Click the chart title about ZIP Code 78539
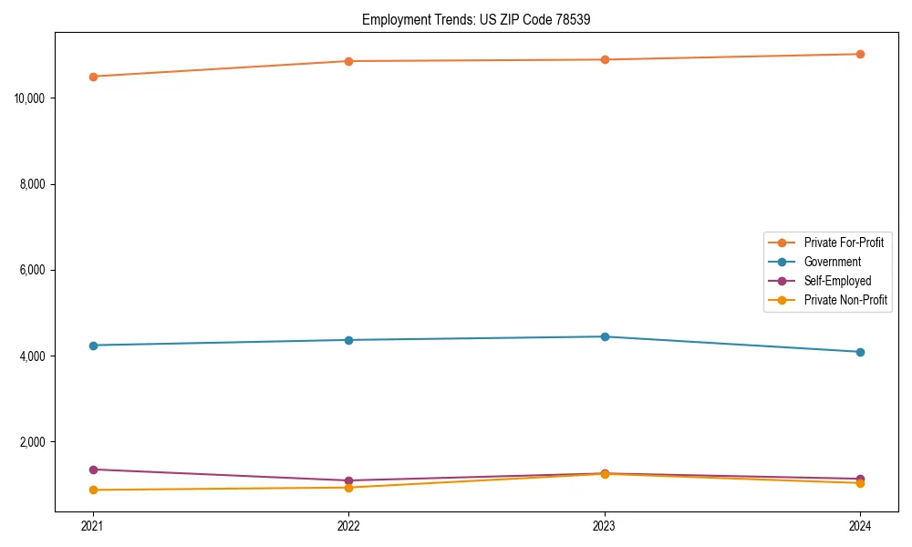[x=482, y=19]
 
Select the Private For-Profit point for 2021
[x=93, y=77]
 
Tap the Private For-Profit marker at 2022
[x=348, y=61]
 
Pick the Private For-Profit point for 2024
[x=860, y=54]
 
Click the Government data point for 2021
[x=93, y=346]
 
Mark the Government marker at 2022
[x=348, y=340]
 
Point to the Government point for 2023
[x=605, y=336]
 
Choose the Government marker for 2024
[x=860, y=352]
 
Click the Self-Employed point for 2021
[x=93, y=470]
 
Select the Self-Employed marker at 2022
[x=348, y=480]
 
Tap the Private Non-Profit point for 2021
[x=93, y=490]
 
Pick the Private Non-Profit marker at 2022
[x=348, y=487]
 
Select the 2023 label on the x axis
[x=605, y=525]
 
